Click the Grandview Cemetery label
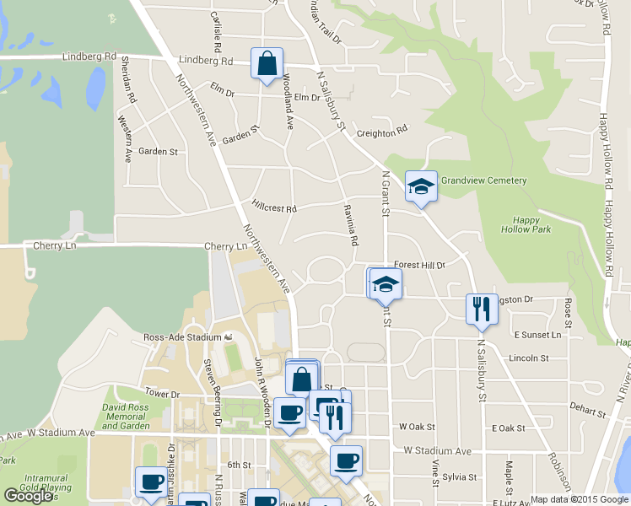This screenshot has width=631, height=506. pyautogui.click(x=483, y=180)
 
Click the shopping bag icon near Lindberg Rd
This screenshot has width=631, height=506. pyautogui.click(x=267, y=64)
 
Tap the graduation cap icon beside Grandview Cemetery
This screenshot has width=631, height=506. pyautogui.click(x=421, y=187)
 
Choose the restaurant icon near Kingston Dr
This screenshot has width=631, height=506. pyautogui.click(x=482, y=308)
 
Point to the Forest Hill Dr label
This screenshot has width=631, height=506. pyautogui.click(x=418, y=264)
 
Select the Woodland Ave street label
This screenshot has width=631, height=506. pyautogui.click(x=289, y=102)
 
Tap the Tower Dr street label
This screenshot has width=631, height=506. pyautogui.click(x=163, y=394)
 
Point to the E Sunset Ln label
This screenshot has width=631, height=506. pyautogui.click(x=537, y=335)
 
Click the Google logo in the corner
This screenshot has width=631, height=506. pyautogui.click(x=29, y=496)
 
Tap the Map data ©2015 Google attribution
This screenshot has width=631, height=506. pyautogui.click(x=579, y=499)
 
